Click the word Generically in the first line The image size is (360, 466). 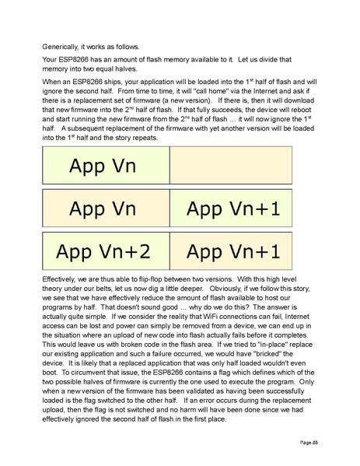click(x=61, y=46)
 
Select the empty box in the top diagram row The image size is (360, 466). click(x=231, y=166)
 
